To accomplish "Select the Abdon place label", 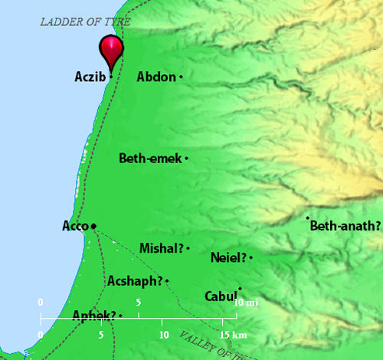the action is (x=155, y=77).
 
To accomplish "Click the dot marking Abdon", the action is (x=182, y=77).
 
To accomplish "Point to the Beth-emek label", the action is (x=150, y=159).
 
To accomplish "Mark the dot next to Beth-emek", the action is (x=187, y=159).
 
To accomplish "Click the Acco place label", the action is (x=75, y=226).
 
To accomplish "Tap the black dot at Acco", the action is (x=93, y=226).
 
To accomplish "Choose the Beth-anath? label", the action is (x=345, y=226).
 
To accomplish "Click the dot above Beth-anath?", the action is (x=308, y=218).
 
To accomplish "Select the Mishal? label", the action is (x=162, y=248).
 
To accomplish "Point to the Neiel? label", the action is (x=228, y=258).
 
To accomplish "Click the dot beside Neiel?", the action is (x=250, y=257).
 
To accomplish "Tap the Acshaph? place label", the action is (x=135, y=281).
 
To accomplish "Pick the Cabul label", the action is (x=220, y=296).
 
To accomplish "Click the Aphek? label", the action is (x=93, y=316).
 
